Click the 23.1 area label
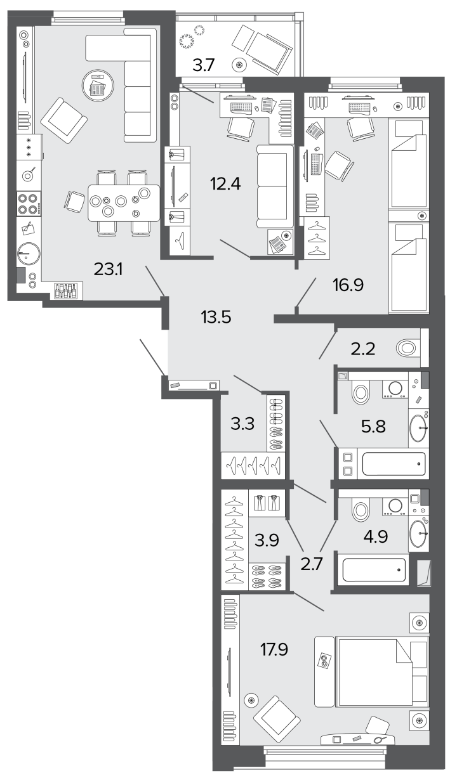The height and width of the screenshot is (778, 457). [x=108, y=269]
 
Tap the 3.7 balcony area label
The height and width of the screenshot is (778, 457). [x=204, y=65]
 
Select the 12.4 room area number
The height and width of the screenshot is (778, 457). [x=225, y=183]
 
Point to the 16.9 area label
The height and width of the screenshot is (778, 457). [x=348, y=285]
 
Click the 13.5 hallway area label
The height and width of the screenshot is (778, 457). [x=216, y=317]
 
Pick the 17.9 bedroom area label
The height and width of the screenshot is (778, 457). [x=274, y=649]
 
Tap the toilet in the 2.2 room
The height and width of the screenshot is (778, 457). [x=406, y=347]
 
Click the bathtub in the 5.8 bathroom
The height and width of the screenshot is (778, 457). [x=394, y=464]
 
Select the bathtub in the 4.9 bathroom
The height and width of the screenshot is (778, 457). [x=374, y=569]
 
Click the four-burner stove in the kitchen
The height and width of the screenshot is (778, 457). [x=29, y=204]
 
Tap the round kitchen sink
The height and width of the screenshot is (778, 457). [x=29, y=254]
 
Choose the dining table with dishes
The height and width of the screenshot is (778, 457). [x=124, y=203]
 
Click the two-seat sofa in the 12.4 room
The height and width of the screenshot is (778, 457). [x=275, y=187]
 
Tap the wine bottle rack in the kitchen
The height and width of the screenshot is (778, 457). [x=69, y=290]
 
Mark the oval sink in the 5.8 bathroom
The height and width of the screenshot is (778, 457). [x=419, y=427]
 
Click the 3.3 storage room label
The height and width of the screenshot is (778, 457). [x=242, y=424]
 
